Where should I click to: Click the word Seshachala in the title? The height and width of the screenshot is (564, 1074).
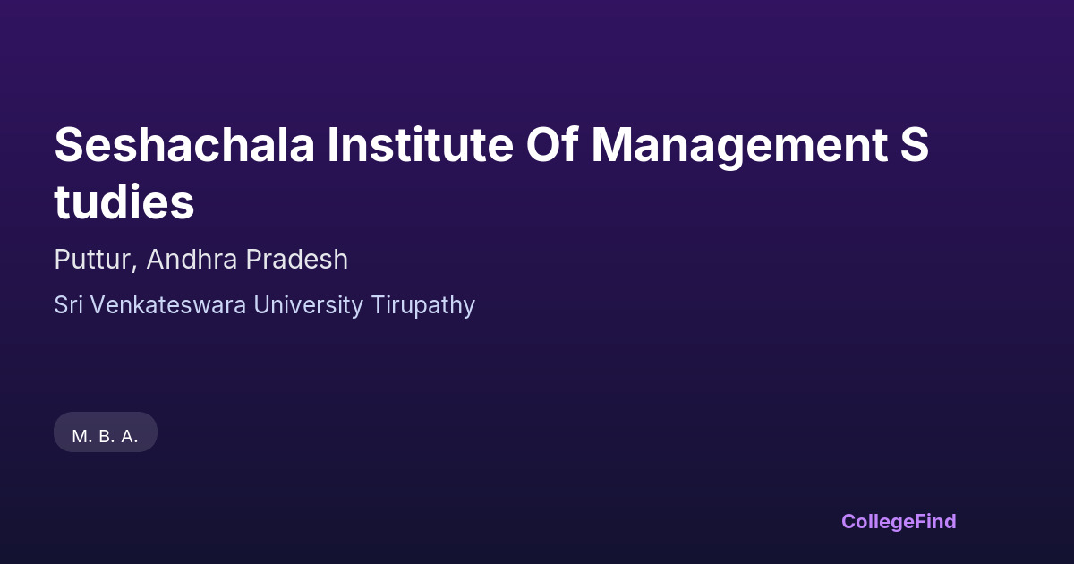pyautogui.click(x=184, y=144)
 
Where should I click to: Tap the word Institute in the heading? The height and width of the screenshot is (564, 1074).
pyautogui.click(x=421, y=144)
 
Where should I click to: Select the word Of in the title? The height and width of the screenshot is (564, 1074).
pyautogui.click(x=552, y=144)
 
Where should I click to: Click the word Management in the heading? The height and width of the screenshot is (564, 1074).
pyautogui.click(x=739, y=147)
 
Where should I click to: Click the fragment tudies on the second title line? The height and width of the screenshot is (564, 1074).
pyautogui.click(x=124, y=201)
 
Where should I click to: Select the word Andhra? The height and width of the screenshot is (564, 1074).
pyautogui.click(x=192, y=260)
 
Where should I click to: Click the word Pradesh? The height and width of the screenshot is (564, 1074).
pyautogui.click(x=297, y=260)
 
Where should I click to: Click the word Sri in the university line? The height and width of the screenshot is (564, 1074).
pyautogui.click(x=68, y=305)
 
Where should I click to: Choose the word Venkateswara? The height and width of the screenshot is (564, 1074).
pyautogui.click(x=168, y=305)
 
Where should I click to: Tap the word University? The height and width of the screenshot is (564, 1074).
pyautogui.click(x=308, y=306)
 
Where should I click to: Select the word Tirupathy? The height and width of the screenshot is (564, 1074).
pyautogui.click(x=422, y=306)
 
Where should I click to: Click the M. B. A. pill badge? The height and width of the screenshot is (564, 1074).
pyautogui.click(x=106, y=432)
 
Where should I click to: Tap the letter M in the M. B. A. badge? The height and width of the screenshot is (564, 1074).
pyautogui.click(x=80, y=437)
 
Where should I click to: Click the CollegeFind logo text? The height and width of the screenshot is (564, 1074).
pyautogui.click(x=899, y=522)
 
